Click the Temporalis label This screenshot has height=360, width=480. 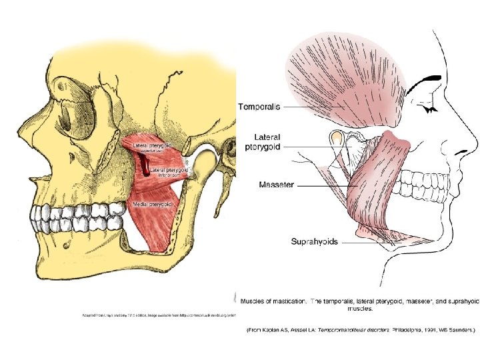[259, 105]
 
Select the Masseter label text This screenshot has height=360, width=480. [277, 184]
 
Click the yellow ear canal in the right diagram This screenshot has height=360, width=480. [337, 139]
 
